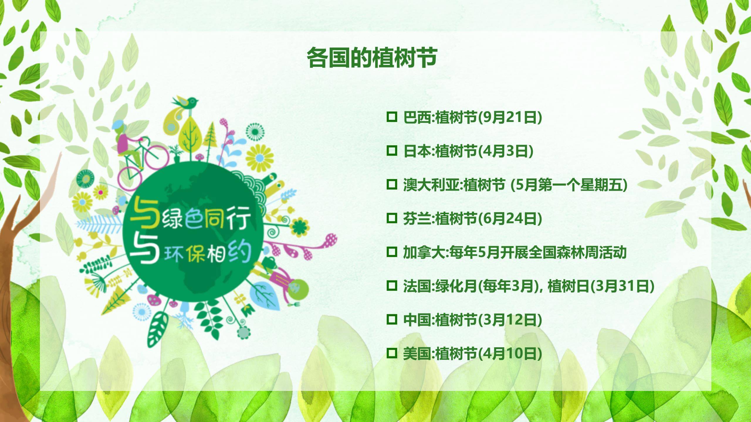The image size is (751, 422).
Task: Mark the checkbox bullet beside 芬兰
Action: coord(391,218)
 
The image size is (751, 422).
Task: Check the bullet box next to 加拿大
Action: coord(391,252)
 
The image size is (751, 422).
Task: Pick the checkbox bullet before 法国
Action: coord(391,285)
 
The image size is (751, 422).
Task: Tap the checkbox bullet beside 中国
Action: coord(391,319)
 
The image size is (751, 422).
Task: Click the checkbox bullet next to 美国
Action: coord(391,353)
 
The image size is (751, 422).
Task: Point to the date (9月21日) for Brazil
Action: coord(510,118)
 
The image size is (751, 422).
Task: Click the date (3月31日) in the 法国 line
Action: coord(622,286)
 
